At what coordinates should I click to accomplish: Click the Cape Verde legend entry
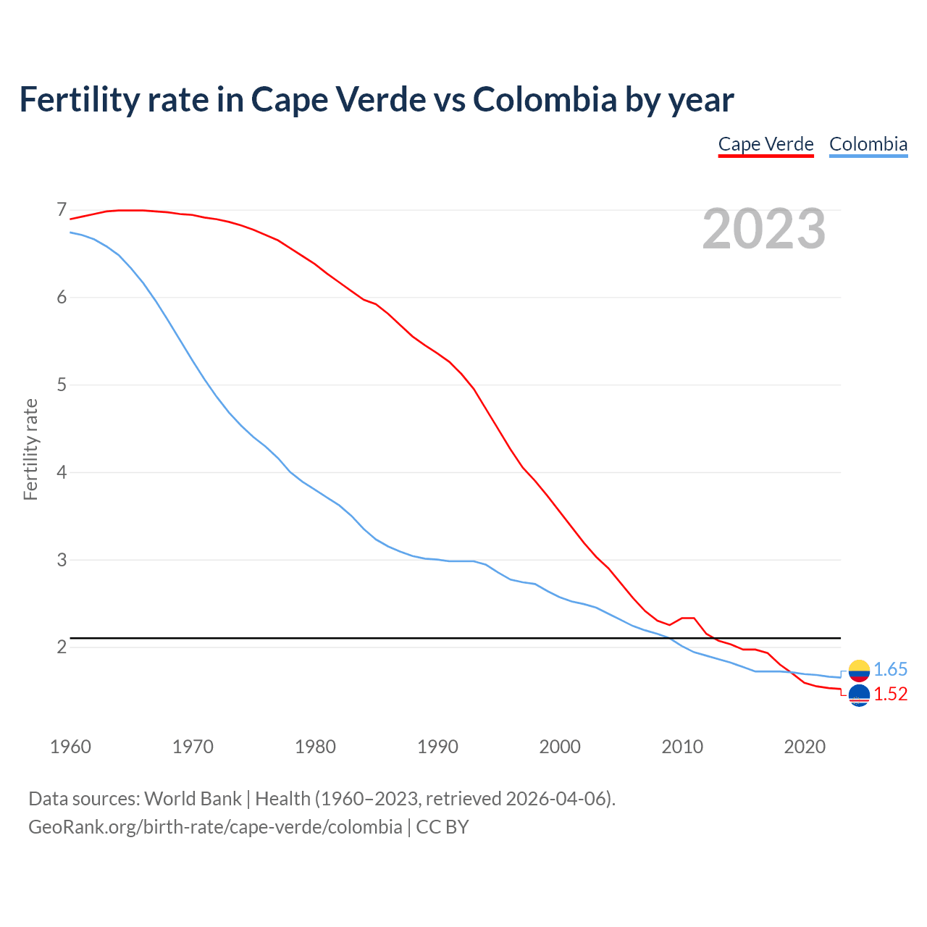(x=765, y=144)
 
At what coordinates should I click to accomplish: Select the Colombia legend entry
(x=868, y=144)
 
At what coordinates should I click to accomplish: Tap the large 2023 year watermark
(x=763, y=229)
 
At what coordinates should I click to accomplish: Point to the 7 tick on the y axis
(x=62, y=210)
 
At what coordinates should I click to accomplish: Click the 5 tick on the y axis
(x=62, y=385)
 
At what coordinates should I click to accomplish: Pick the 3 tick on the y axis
(x=62, y=560)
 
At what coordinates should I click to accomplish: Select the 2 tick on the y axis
(x=62, y=647)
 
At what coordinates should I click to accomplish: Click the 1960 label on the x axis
(x=70, y=747)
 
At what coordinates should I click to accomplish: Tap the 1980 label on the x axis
(x=315, y=747)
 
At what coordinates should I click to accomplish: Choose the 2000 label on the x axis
(x=560, y=747)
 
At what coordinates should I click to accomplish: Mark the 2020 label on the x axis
(x=805, y=747)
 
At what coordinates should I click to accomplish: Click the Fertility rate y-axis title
(x=30, y=449)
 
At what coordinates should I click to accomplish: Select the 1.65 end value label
(x=890, y=670)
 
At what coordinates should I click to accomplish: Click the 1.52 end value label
(x=890, y=695)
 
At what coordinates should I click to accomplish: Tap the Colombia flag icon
(x=859, y=670)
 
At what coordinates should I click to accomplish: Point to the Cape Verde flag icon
(x=859, y=695)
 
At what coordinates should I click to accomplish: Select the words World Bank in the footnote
(x=193, y=799)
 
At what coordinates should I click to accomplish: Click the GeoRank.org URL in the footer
(x=215, y=827)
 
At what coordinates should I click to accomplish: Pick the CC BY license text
(x=442, y=827)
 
